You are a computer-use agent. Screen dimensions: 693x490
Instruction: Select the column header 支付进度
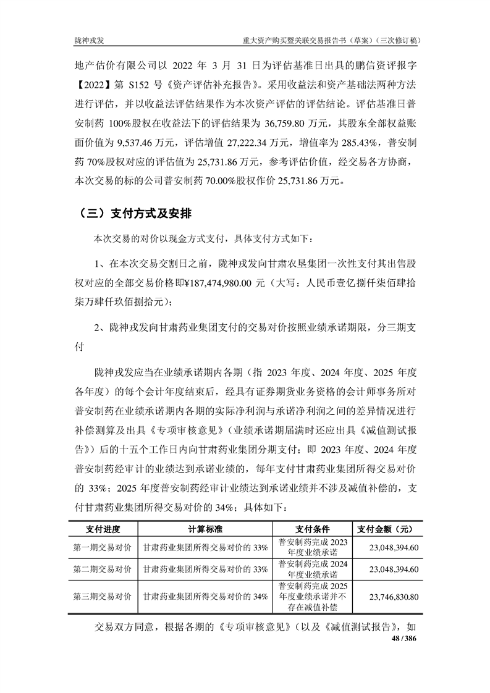pyautogui.click(x=103, y=529)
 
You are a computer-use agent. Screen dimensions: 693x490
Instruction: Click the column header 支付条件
pyautogui.click(x=313, y=529)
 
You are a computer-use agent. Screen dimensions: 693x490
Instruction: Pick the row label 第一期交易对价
pyautogui.click(x=103, y=547)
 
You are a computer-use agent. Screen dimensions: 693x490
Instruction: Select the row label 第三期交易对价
pyautogui.click(x=103, y=597)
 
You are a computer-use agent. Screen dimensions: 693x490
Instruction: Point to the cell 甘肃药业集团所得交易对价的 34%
pyautogui.click(x=205, y=597)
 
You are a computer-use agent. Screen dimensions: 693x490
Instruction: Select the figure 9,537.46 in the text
pyautogui.click(x=132, y=143)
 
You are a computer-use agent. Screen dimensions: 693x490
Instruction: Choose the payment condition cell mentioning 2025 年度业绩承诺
pyautogui.click(x=313, y=597)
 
